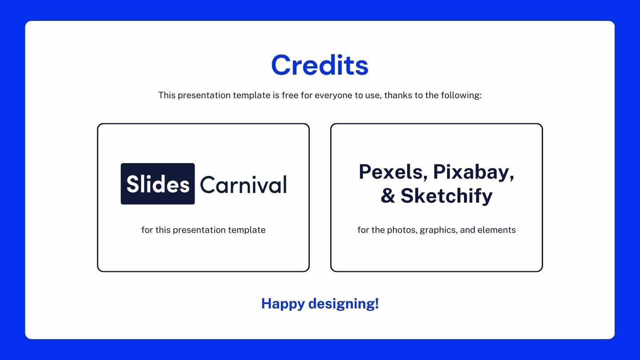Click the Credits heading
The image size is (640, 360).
[x=320, y=65]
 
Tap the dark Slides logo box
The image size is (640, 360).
[x=158, y=184]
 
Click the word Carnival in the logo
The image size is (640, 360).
[x=244, y=185]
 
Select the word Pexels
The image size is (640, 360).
[x=393, y=172]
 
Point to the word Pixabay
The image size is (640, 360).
[x=474, y=173]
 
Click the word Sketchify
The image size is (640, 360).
[x=447, y=196]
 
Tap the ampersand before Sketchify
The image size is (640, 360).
[x=388, y=196]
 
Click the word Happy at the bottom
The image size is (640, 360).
[x=283, y=304]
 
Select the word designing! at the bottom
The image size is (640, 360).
[x=344, y=304]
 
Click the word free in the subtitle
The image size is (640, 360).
[x=290, y=95]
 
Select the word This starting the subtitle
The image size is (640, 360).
[x=167, y=95]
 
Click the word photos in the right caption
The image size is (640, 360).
[x=402, y=230]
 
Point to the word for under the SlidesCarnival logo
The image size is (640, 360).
[x=147, y=230]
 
